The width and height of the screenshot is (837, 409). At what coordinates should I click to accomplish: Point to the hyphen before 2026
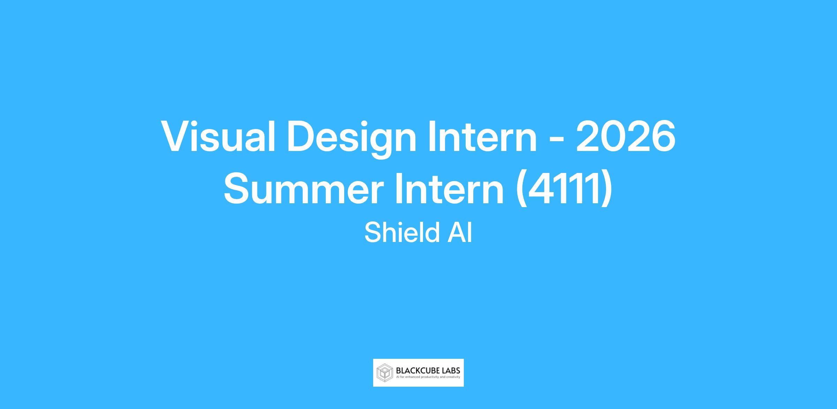(556, 140)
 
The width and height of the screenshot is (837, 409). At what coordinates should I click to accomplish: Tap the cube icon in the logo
(385, 373)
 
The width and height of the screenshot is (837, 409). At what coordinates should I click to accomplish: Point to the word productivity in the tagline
(430, 377)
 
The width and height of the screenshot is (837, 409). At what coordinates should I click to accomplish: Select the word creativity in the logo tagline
(453, 377)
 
